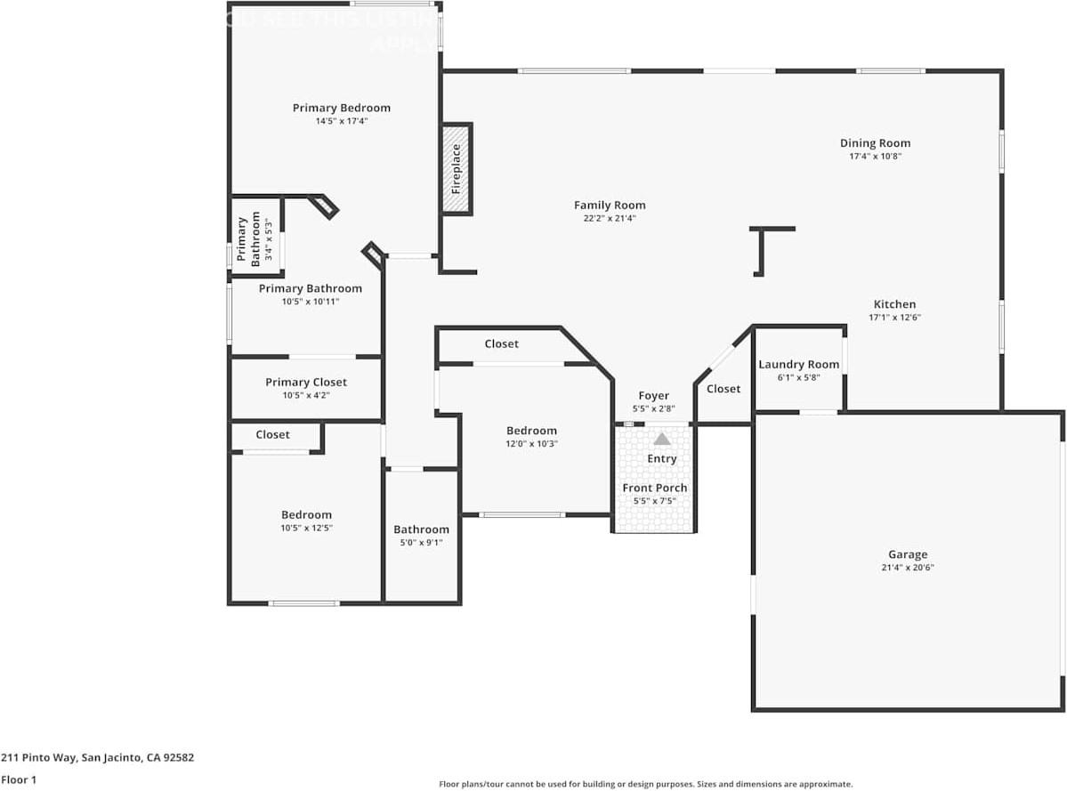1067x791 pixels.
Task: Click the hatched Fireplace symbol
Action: [x=457, y=168]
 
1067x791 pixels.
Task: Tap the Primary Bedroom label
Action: [x=341, y=109]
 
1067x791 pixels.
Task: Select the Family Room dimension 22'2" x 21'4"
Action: [x=610, y=218]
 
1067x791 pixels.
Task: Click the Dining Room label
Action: [x=875, y=143]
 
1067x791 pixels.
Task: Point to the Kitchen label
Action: [x=893, y=304]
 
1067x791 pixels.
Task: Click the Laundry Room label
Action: [x=798, y=364]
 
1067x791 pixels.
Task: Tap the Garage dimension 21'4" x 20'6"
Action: [x=907, y=568]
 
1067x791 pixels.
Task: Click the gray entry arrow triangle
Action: [x=662, y=439]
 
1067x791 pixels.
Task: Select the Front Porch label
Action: [x=654, y=488]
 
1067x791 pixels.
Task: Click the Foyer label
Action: [x=653, y=396]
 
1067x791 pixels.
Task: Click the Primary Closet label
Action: [x=306, y=383]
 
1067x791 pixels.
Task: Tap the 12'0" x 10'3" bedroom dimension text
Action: [x=531, y=444]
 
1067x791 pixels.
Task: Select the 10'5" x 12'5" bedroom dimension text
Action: [x=306, y=528]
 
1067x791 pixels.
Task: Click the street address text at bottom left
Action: [x=97, y=758]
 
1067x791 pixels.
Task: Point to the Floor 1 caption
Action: [x=19, y=779]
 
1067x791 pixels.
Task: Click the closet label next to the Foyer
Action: [x=723, y=389]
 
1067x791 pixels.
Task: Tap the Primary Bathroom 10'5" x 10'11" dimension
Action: [x=310, y=302]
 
